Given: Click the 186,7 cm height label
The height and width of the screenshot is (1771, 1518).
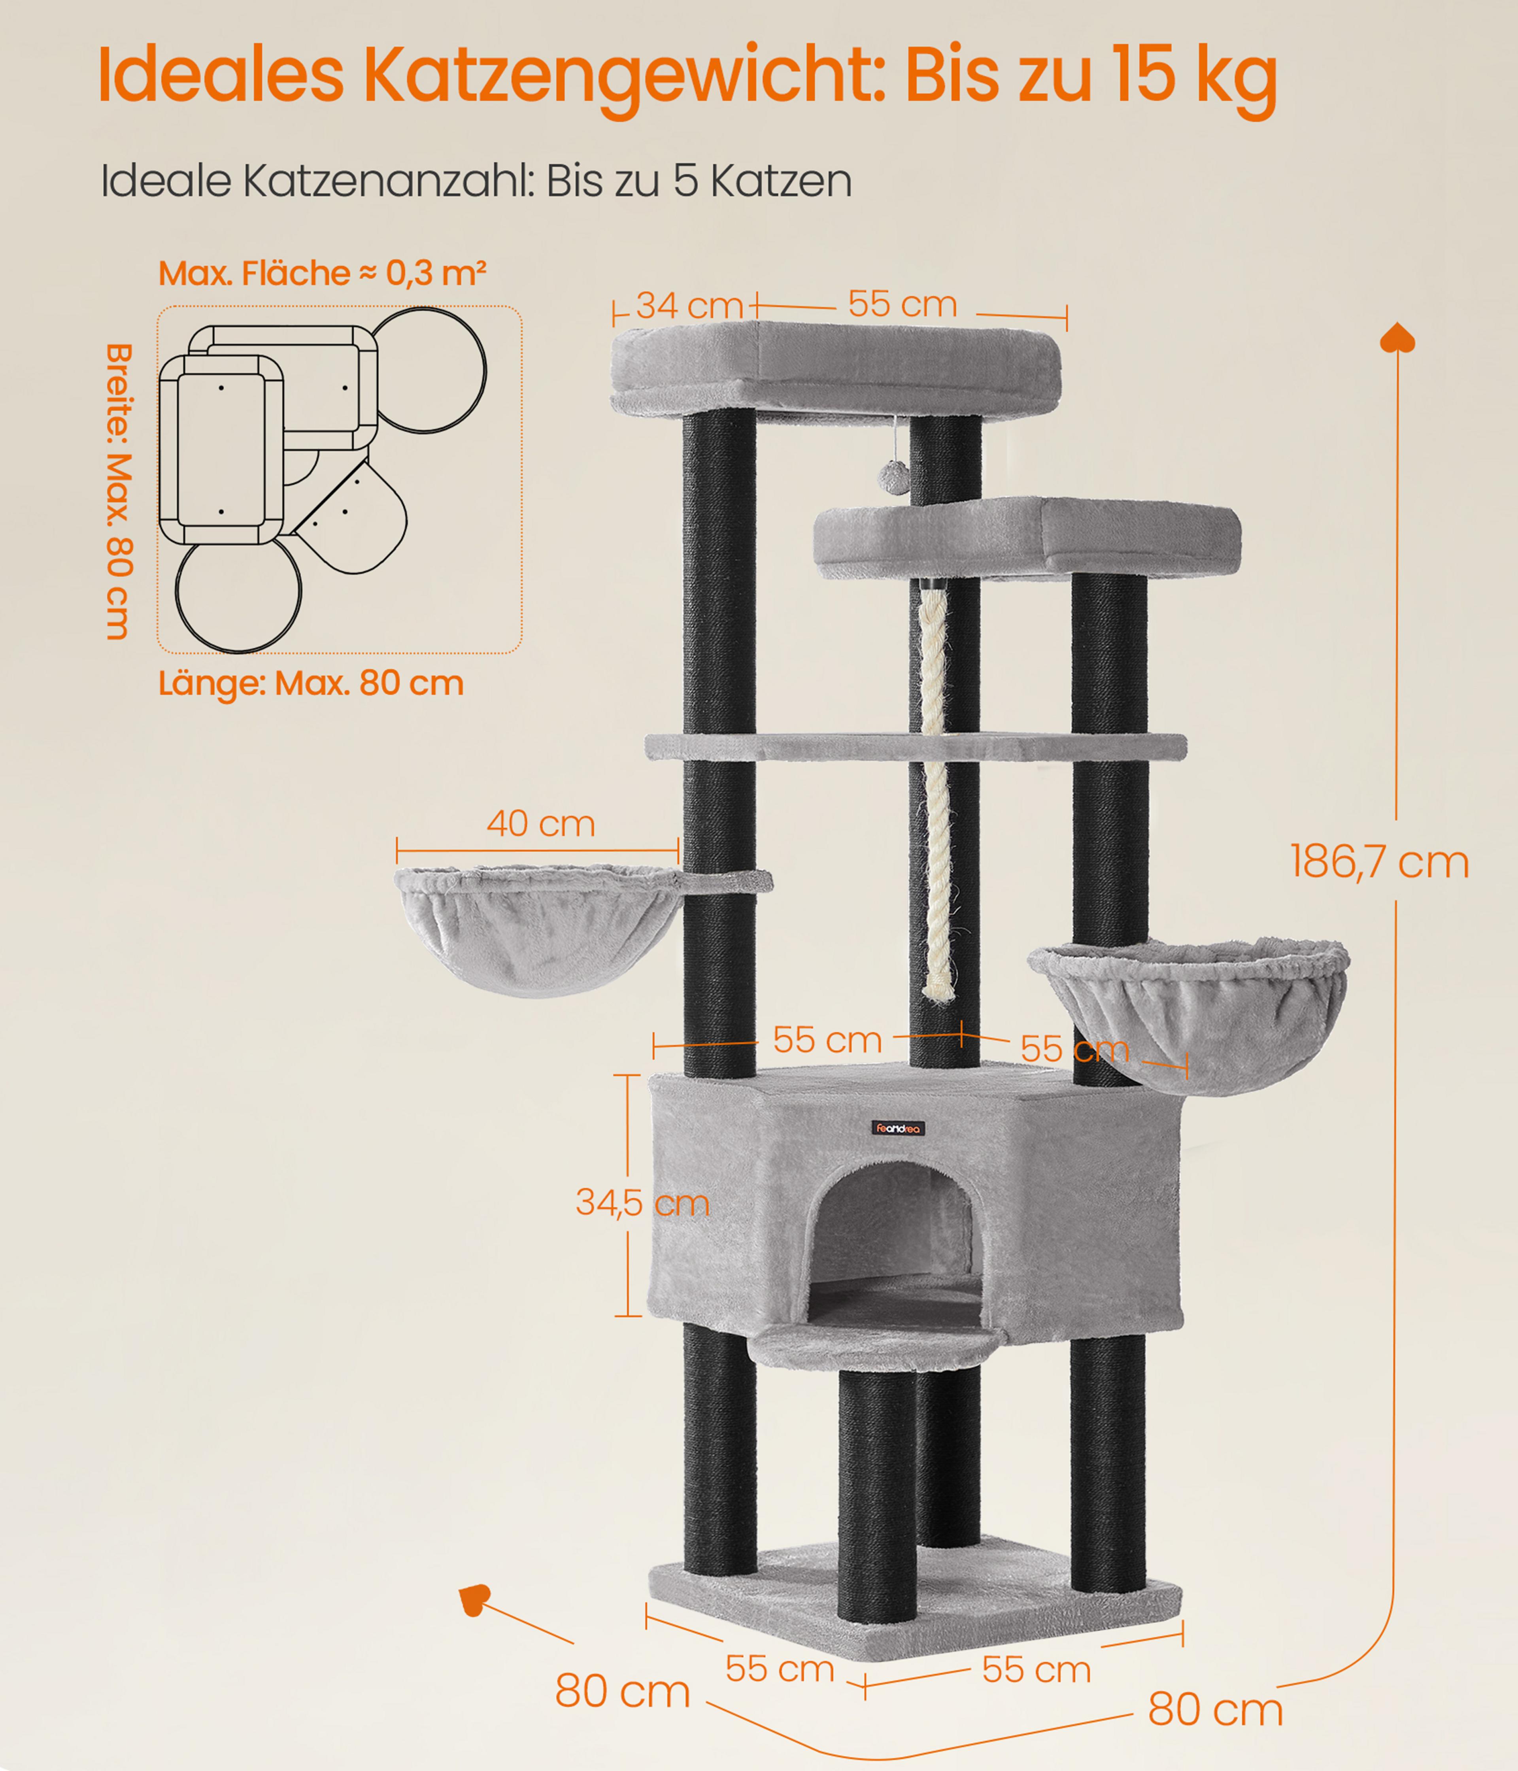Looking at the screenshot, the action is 1379,861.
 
